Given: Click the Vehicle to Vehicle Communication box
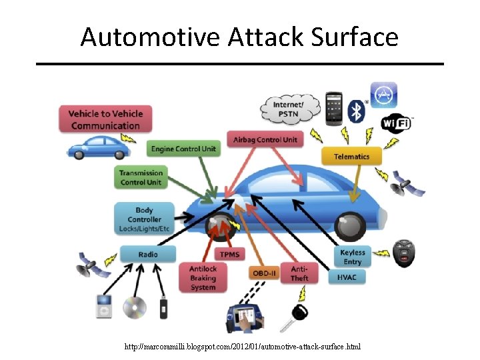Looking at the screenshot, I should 105,120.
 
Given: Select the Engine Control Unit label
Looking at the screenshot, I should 183,149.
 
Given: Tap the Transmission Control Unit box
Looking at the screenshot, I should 141,177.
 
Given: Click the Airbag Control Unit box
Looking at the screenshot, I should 265,139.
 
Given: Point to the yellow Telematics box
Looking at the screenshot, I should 351,157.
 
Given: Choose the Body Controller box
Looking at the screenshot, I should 145,219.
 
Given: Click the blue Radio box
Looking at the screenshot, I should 148,254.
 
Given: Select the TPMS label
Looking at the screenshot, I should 230,254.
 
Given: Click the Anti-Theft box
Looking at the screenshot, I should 299,273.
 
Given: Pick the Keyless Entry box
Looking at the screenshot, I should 352,257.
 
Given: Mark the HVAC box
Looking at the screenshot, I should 347,277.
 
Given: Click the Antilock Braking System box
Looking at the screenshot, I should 203,277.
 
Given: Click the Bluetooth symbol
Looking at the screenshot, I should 359,108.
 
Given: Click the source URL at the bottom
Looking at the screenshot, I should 243,347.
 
